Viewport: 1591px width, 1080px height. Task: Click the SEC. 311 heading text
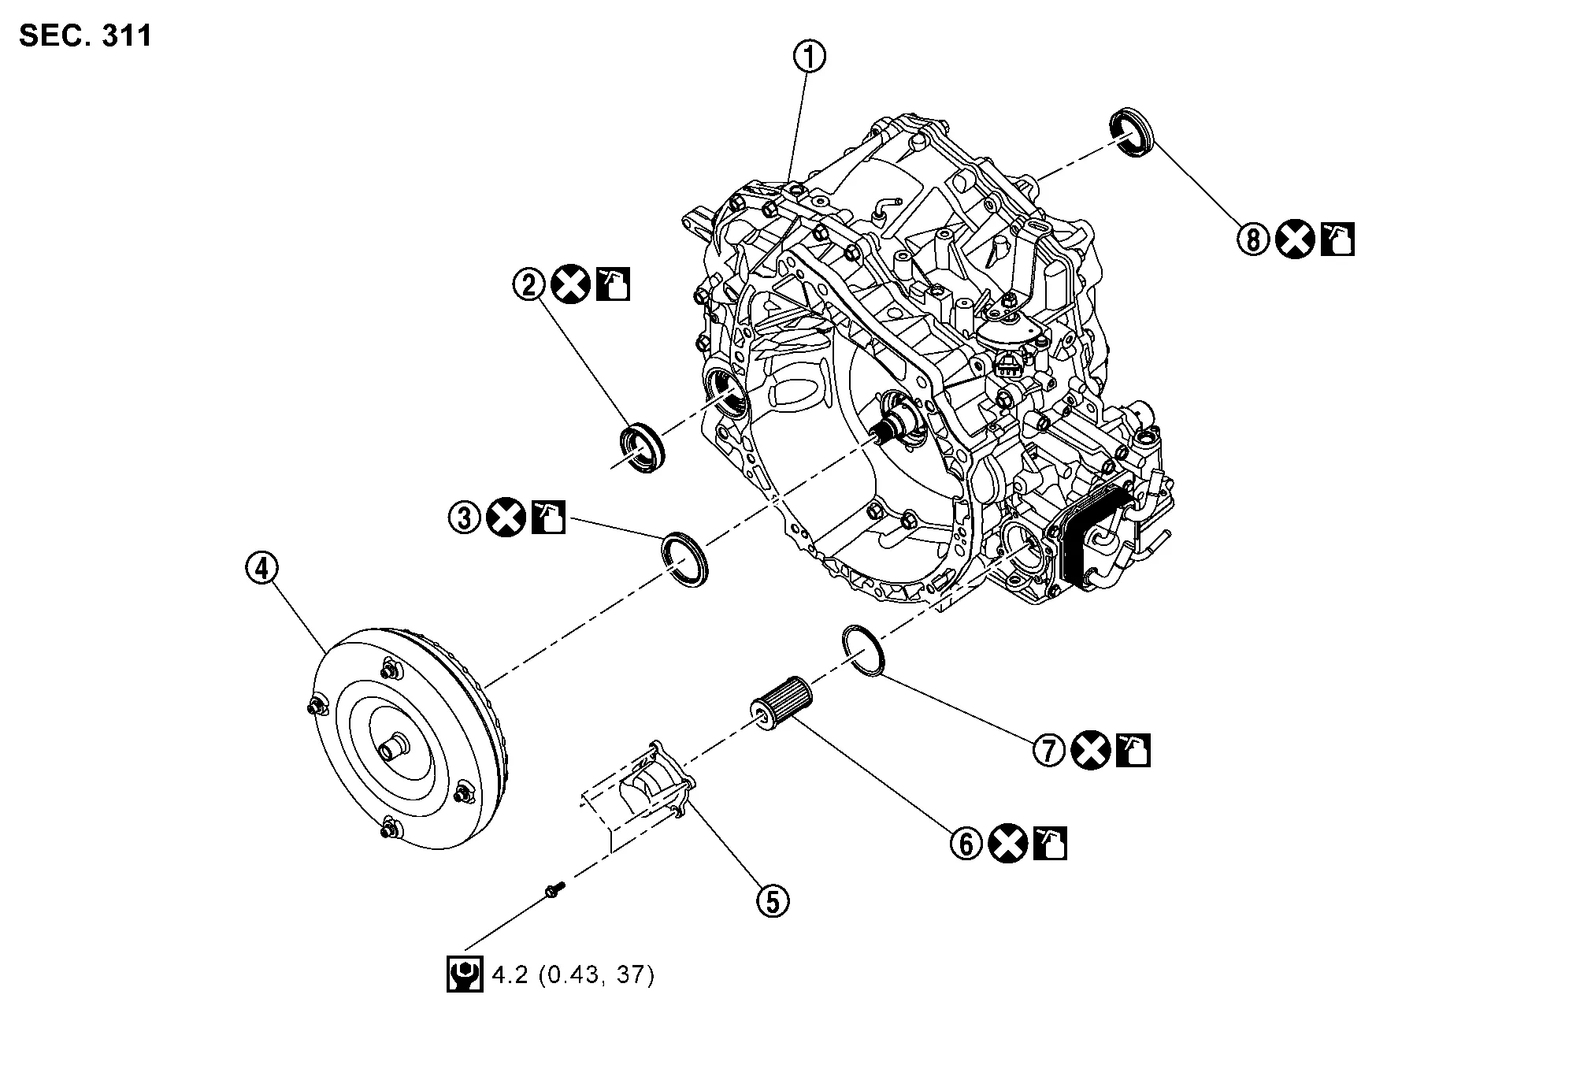[85, 35]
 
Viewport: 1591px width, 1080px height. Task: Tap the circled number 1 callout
[810, 58]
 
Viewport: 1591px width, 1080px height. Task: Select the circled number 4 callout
[261, 568]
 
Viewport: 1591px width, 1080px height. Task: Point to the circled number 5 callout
[772, 900]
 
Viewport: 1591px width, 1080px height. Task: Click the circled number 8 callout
[1252, 239]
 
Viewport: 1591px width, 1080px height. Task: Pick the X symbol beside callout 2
[570, 284]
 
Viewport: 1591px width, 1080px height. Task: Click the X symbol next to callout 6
[1008, 844]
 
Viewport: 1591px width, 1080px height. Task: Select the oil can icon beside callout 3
[548, 518]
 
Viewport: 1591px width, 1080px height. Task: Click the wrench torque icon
[464, 974]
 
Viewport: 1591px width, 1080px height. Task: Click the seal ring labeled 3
[684, 559]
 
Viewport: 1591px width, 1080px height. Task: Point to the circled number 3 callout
[465, 518]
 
